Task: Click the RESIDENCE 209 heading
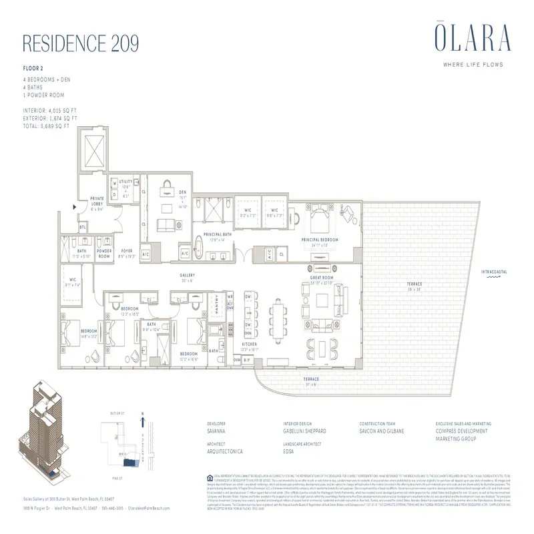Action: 81,43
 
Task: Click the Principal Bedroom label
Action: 320,240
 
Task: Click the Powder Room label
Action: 104,254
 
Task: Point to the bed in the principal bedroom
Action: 322,215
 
